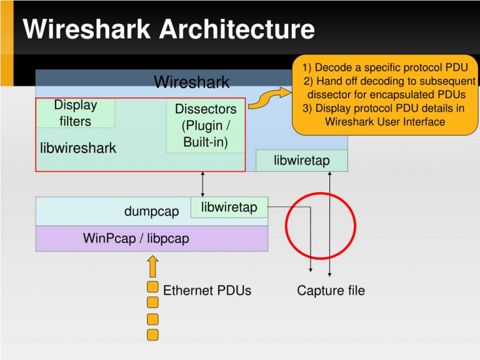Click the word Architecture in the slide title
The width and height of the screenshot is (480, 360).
click(237, 29)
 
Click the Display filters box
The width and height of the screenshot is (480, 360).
click(76, 113)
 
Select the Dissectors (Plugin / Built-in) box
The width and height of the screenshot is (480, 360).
click(206, 126)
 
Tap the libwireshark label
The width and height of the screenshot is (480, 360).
click(78, 148)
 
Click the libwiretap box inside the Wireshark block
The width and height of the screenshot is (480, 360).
click(302, 161)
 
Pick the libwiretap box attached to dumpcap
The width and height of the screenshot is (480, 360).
click(229, 207)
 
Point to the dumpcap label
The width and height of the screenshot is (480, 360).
click(151, 211)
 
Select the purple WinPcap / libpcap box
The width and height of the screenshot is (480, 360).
click(152, 239)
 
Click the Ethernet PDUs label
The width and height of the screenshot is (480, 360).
click(207, 291)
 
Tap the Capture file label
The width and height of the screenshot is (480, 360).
click(331, 291)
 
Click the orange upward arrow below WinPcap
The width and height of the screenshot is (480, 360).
click(152, 266)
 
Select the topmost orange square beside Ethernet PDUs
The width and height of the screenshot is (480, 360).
click(152, 287)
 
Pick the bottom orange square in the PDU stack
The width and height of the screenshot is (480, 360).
click(152, 334)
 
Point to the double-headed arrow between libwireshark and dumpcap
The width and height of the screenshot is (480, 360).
click(202, 184)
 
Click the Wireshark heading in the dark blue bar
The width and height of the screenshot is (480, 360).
click(192, 82)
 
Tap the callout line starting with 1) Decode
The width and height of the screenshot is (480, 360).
click(385, 67)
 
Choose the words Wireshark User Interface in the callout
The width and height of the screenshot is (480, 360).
click(385, 121)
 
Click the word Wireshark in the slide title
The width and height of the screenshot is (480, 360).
click(86, 29)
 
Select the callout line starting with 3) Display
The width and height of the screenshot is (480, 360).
click(384, 108)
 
